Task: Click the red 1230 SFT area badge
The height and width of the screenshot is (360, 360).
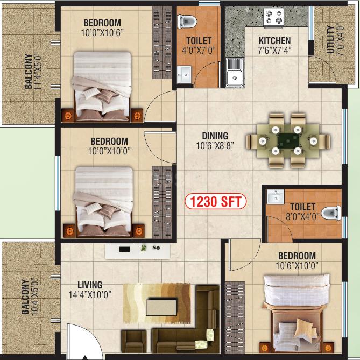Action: (x=215, y=202)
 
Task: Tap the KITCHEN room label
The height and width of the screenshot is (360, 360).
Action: (x=274, y=41)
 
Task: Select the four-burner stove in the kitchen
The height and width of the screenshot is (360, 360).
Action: (x=273, y=17)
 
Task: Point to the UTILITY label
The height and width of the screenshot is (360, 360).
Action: (x=330, y=39)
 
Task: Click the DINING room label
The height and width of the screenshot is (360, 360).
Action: (x=215, y=136)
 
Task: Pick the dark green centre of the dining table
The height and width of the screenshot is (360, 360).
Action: (x=288, y=140)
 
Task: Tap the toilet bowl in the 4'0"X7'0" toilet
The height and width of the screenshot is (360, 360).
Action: (x=187, y=22)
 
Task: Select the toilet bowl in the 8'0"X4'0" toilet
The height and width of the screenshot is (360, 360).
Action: (x=331, y=213)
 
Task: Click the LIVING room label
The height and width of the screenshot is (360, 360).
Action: (x=90, y=285)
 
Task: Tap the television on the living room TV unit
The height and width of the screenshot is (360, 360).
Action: (x=124, y=249)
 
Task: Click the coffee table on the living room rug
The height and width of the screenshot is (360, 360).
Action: (x=161, y=307)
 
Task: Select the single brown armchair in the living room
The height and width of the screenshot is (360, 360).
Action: (x=133, y=341)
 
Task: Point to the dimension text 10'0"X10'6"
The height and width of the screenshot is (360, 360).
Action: (x=102, y=33)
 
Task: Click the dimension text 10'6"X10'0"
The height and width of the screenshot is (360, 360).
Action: (x=297, y=266)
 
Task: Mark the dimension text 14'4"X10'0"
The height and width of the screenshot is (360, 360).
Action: (x=90, y=294)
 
